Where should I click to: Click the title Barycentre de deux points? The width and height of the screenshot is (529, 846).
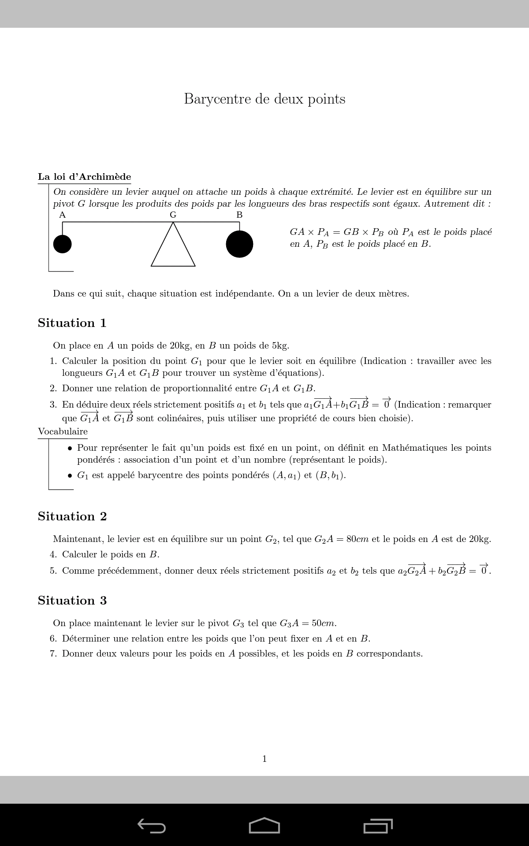[x=264, y=99]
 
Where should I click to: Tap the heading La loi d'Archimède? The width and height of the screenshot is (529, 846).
[x=84, y=177]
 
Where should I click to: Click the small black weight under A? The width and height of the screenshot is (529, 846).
[x=62, y=244]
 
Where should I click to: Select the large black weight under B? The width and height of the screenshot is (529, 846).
[x=239, y=244]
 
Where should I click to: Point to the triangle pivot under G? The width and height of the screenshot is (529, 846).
[x=173, y=249]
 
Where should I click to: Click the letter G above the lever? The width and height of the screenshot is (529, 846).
[x=173, y=215]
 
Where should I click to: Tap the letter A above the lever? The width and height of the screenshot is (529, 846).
[x=62, y=215]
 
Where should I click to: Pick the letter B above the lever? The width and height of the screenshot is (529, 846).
[x=239, y=215]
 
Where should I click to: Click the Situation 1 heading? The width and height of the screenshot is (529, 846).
[x=72, y=323]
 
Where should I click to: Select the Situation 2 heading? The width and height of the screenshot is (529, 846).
[x=72, y=516]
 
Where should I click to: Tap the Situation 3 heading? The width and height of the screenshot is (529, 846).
[x=72, y=601]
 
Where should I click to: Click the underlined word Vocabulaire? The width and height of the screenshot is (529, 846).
[x=63, y=432]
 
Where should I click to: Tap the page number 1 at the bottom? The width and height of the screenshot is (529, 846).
[x=264, y=759]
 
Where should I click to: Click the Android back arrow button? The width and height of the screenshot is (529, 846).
[x=152, y=826]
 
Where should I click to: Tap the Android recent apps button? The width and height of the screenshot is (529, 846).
[x=378, y=826]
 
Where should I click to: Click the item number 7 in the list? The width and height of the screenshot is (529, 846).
[x=53, y=654]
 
